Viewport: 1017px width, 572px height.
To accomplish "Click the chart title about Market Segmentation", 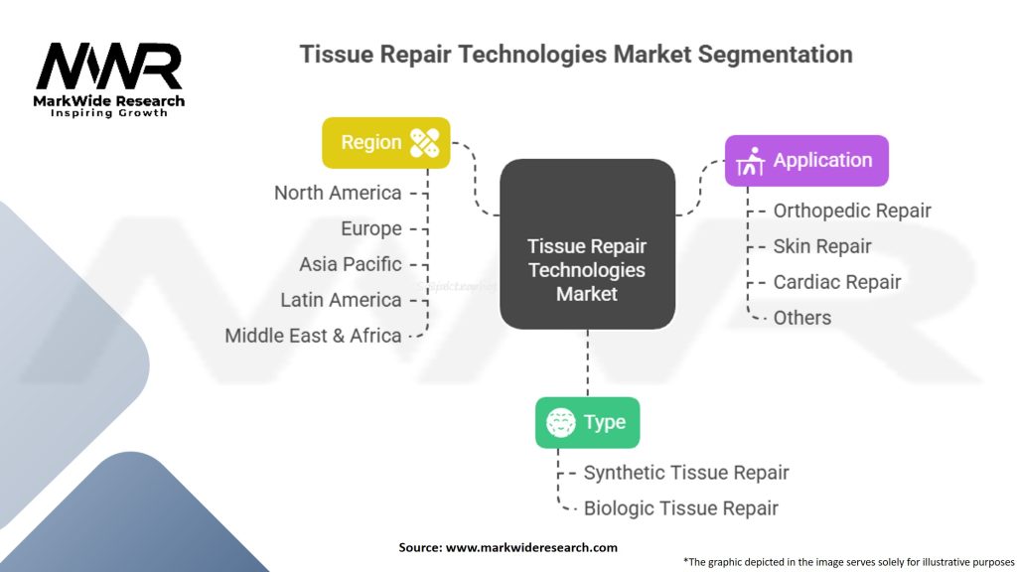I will coord(576,54).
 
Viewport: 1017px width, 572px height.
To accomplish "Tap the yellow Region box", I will coord(385,143).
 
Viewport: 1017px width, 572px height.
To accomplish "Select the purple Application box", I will coord(805,161).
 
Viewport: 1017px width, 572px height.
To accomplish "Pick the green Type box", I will coord(587,422).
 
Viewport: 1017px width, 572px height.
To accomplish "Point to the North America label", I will coord(338,193).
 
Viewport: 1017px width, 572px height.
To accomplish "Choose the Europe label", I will coord(370,228).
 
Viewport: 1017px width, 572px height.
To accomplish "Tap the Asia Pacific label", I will coord(350,264).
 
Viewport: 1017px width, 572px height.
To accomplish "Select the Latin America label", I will coord(341,300).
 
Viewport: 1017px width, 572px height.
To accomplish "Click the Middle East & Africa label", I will coord(313,336).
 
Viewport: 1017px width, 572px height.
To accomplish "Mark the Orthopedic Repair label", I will coord(852,211).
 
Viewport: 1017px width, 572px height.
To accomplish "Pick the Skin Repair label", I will coord(822,246).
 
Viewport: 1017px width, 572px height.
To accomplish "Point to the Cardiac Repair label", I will coord(837,282).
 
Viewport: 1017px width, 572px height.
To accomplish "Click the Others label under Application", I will coord(802,318).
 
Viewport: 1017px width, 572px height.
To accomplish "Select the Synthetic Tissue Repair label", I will coord(686,473).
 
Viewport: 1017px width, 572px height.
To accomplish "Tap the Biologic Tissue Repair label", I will coord(681,508).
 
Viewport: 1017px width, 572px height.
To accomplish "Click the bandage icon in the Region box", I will coord(424,143).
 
